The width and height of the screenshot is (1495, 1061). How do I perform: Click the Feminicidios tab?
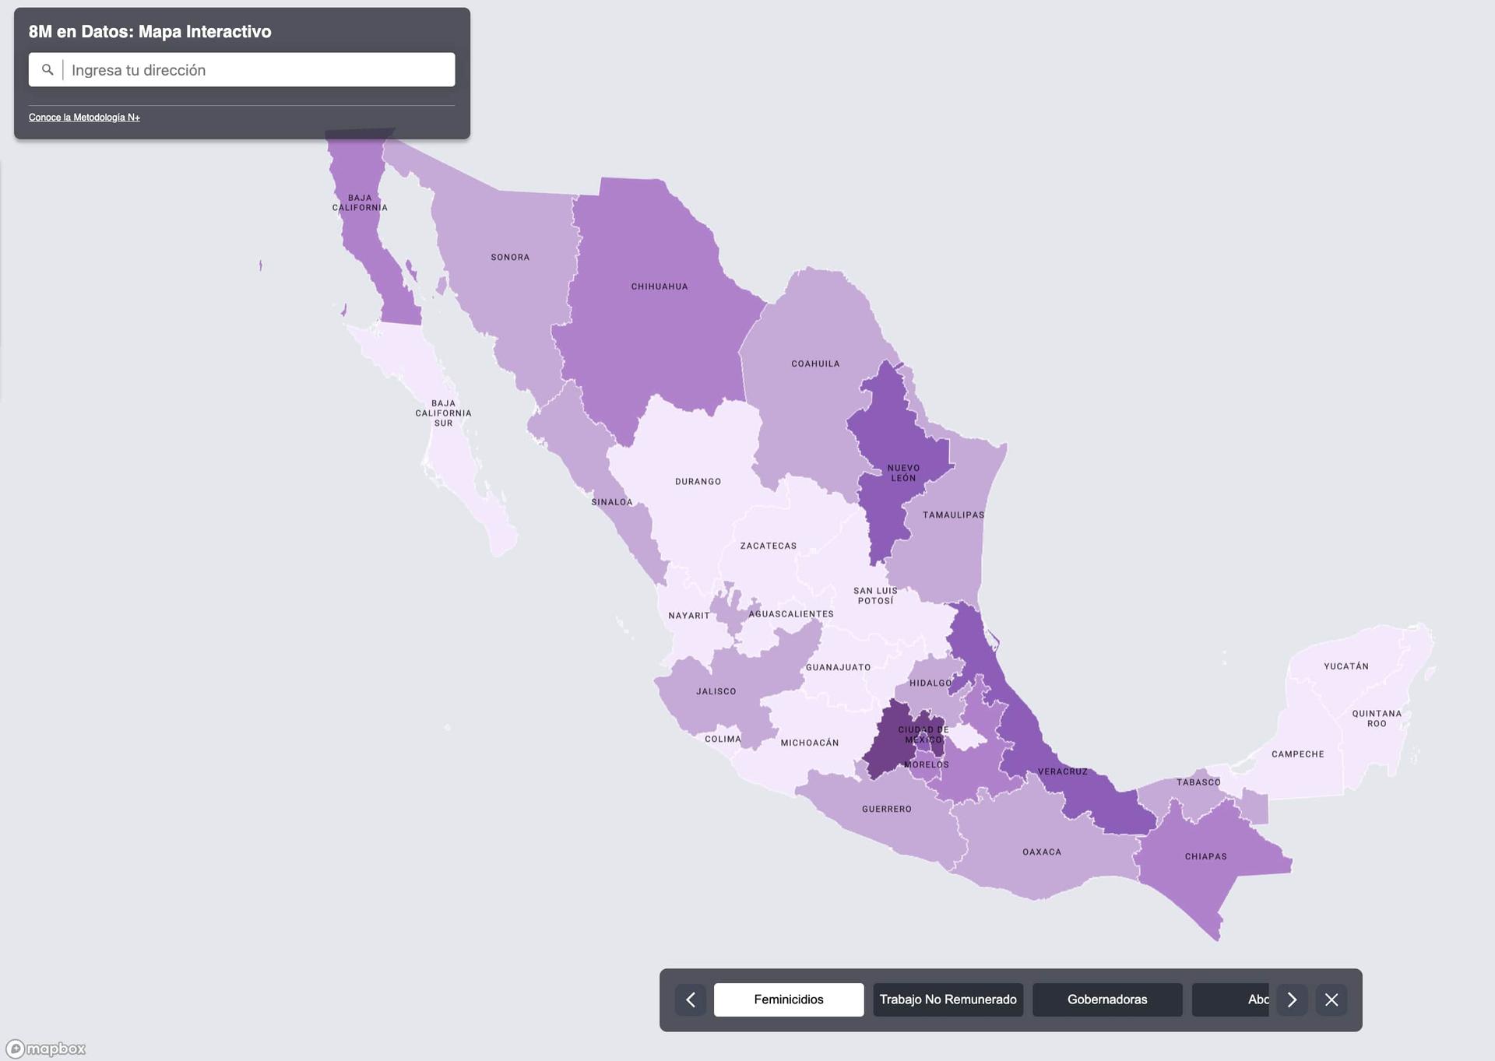[788, 1000]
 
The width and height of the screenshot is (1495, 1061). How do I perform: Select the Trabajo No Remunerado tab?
[948, 1000]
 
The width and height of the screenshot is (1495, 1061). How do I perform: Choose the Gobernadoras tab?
[1106, 1000]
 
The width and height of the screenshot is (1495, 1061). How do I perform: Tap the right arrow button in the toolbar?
[1292, 1000]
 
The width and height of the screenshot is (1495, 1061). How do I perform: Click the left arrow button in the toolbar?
[691, 1000]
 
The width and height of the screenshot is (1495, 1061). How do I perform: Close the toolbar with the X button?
[1331, 1000]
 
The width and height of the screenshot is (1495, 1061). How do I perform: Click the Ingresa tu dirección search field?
[257, 70]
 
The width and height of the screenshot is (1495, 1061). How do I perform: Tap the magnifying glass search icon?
[47, 70]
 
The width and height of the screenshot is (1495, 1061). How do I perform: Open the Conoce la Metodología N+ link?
[84, 118]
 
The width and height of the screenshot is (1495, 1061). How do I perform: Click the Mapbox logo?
[46, 1049]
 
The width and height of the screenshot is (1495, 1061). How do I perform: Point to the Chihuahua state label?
[660, 286]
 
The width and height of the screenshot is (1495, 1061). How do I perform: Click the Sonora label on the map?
[510, 257]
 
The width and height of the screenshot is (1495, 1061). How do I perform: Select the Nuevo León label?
[903, 473]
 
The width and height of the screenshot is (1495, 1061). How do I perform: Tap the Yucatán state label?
[1345, 666]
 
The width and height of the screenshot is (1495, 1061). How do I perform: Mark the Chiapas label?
[1205, 856]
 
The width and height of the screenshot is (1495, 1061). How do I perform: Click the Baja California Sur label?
[443, 413]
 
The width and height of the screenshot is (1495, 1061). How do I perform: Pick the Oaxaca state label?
[1042, 852]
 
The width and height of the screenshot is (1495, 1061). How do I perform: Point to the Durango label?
[698, 481]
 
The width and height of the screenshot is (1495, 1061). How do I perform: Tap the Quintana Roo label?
[1377, 718]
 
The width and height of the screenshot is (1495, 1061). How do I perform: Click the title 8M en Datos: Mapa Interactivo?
[150, 32]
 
